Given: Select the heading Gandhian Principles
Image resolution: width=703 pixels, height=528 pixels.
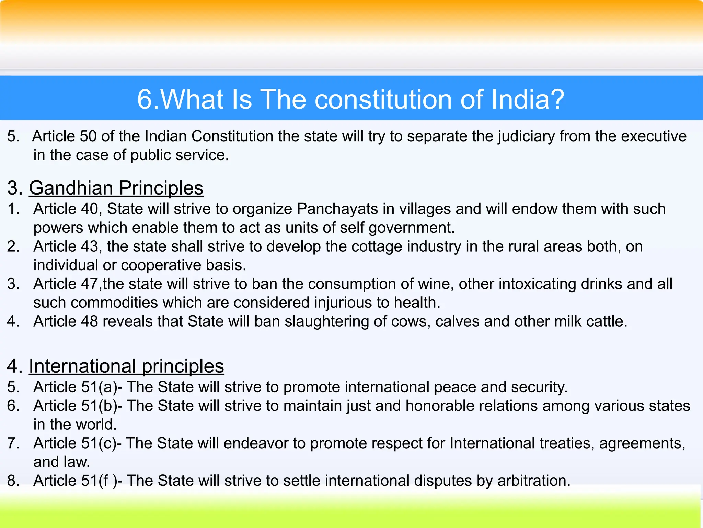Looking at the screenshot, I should coord(116,188).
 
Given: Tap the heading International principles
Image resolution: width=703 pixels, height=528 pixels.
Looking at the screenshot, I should coord(126,366).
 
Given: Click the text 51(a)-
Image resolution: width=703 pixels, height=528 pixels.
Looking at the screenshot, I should coord(102,387).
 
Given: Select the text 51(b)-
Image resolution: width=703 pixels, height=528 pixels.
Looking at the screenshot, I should coord(102,406).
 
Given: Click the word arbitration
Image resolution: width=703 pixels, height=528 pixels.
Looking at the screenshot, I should coord(533,481).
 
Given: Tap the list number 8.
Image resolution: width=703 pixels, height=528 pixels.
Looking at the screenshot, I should coord(13,481).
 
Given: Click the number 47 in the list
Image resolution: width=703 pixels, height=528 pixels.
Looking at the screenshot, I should coord(89,284).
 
